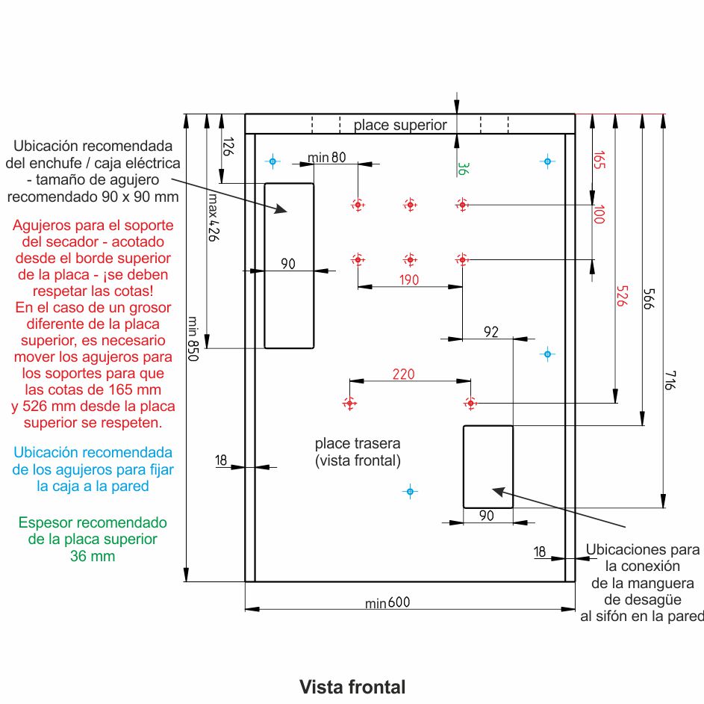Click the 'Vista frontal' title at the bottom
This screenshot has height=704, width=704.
(352, 687)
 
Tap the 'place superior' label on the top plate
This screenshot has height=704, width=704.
(400, 125)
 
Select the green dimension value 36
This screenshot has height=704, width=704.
(463, 170)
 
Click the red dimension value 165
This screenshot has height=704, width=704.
(599, 161)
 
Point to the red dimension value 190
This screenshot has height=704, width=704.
(409, 280)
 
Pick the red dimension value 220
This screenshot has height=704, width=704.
(403, 374)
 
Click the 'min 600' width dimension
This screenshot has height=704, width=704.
(387, 603)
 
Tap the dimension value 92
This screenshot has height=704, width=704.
(490, 333)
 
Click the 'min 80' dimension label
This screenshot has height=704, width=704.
(327, 157)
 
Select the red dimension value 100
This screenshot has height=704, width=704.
(598, 215)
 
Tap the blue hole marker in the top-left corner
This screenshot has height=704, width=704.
(272, 161)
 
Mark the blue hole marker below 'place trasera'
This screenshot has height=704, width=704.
(409, 491)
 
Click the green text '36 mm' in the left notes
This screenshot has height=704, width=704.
(93, 556)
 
